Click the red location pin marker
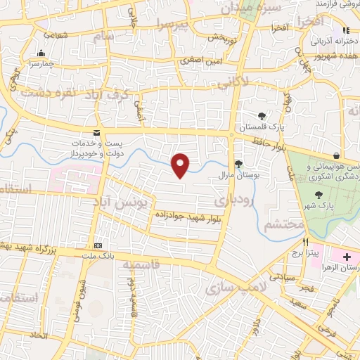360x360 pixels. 181,165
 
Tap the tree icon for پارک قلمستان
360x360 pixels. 262,115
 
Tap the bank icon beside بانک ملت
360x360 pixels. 98,245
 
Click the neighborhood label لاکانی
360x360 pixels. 233,83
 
